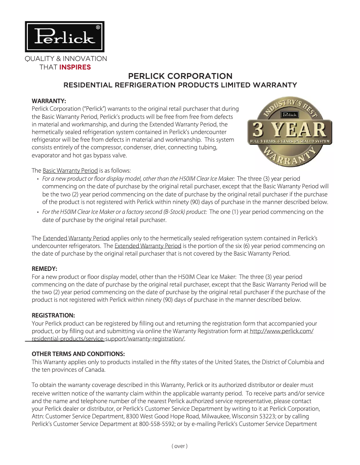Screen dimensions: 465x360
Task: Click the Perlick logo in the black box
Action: pyautogui.click(x=65, y=37)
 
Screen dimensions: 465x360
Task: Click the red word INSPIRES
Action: pyautogui.click(x=75, y=67)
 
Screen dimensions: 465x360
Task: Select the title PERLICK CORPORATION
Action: pyautogui.click(x=180, y=76)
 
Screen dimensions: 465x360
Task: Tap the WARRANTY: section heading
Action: pyautogui.click(x=49, y=100)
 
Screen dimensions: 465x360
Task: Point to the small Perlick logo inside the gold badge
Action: pyautogui.click(x=290, y=114)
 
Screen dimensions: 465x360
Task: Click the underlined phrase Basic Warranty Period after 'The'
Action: pyautogui.click(x=70, y=170)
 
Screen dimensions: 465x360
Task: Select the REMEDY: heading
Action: pyautogui.click(x=44, y=269)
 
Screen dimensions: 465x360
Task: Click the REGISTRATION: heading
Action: pyautogui.click(x=53, y=315)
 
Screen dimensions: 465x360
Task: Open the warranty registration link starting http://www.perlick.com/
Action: pyautogui.click(x=281, y=331)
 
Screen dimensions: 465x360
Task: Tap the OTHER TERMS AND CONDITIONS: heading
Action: pyautogui.click(x=78, y=354)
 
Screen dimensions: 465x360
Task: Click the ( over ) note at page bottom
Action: pyautogui.click(x=180, y=446)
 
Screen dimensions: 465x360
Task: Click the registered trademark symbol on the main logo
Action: pyautogui.click(x=98, y=27)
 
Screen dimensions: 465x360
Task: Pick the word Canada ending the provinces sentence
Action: pyautogui.click(x=95, y=370)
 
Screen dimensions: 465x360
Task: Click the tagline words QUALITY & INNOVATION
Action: pyautogui.click(x=66, y=59)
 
